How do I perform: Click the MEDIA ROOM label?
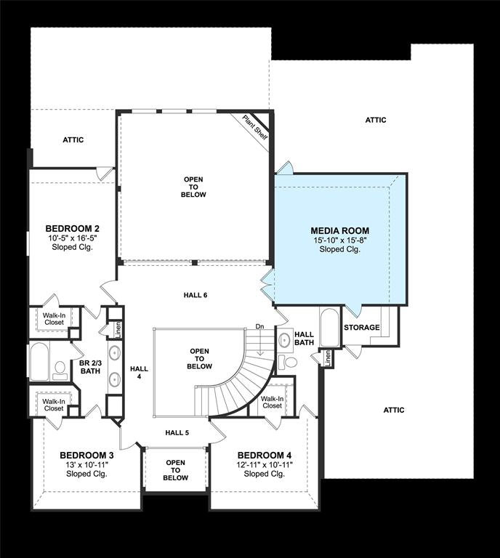(x=340, y=230)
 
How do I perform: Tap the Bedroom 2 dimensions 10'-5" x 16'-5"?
(x=73, y=238)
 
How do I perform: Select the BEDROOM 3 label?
(x=86, y=455)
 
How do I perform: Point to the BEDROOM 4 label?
(x=265, y=455)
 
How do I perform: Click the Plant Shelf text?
(x=255, y=127)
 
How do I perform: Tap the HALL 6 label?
(x=195, y=295)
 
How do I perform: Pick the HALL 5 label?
(x=177, y=433)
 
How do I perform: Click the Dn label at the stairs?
(x=259, y=326)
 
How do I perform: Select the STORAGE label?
(x=362, y=328)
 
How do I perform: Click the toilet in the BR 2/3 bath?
(x=60, y=370)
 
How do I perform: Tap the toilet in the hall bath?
(x=289, y=362)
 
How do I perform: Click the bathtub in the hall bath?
(x=330, y=327)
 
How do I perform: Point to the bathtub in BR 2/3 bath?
(x=39, y=362)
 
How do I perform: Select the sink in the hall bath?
(x=284, y=340)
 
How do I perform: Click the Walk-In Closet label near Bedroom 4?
(x=273, y=402)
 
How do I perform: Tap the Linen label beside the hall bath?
(x=328, y=359)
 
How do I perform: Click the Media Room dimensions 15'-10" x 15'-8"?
(x=340, y=240)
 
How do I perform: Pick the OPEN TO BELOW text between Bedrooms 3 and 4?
(x=175, y=470)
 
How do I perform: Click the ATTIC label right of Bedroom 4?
(x=394, y=410)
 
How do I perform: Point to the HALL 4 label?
(x=139, y=373)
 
